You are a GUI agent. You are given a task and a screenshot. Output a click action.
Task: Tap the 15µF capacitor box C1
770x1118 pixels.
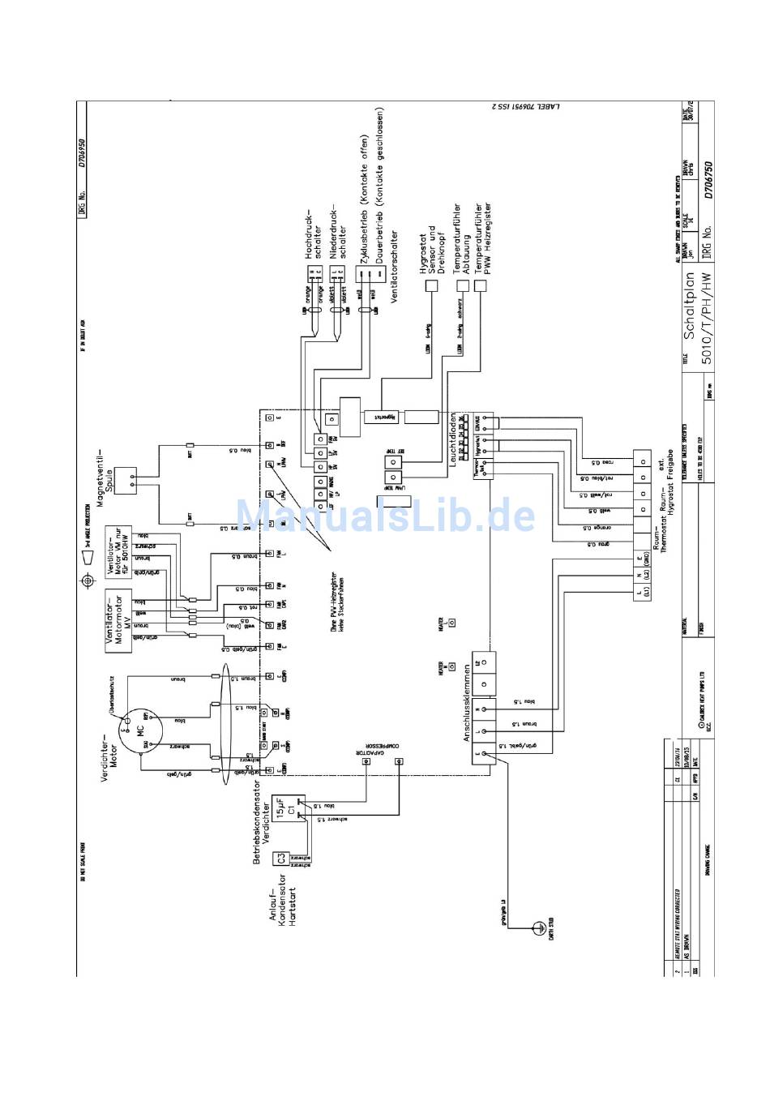[x=289, y=808]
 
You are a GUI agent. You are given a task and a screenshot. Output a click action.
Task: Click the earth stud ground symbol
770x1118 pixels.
[x=537, y=926]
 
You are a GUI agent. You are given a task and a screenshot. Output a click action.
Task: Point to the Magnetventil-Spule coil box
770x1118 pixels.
[x=126, y=481]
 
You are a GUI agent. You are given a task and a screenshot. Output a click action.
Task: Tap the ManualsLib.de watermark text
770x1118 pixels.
[x=385, y=516]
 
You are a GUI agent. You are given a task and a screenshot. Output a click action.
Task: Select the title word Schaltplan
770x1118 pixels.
[x=689, y=316]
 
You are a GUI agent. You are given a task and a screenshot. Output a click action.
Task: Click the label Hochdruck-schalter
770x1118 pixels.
[x=313, y=234]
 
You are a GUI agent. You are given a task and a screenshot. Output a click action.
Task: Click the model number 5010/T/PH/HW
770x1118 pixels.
[x=707, y=319]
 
